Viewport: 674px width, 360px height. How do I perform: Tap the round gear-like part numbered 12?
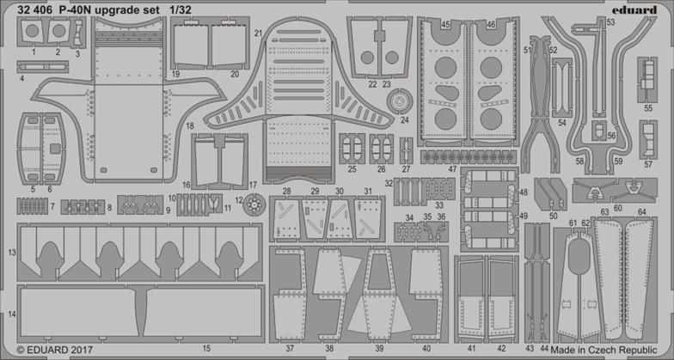[x=253, y=204]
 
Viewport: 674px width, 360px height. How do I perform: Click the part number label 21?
[x=258, y=33]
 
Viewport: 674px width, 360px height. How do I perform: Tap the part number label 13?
[x=11, y=253]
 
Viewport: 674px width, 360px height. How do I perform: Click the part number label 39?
[x=379, y=348]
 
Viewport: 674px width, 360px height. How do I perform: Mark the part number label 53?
[x=610, y=23]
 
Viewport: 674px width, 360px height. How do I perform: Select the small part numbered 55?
[x=647, y=76]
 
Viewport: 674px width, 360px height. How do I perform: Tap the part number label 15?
[x=206, y=348]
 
